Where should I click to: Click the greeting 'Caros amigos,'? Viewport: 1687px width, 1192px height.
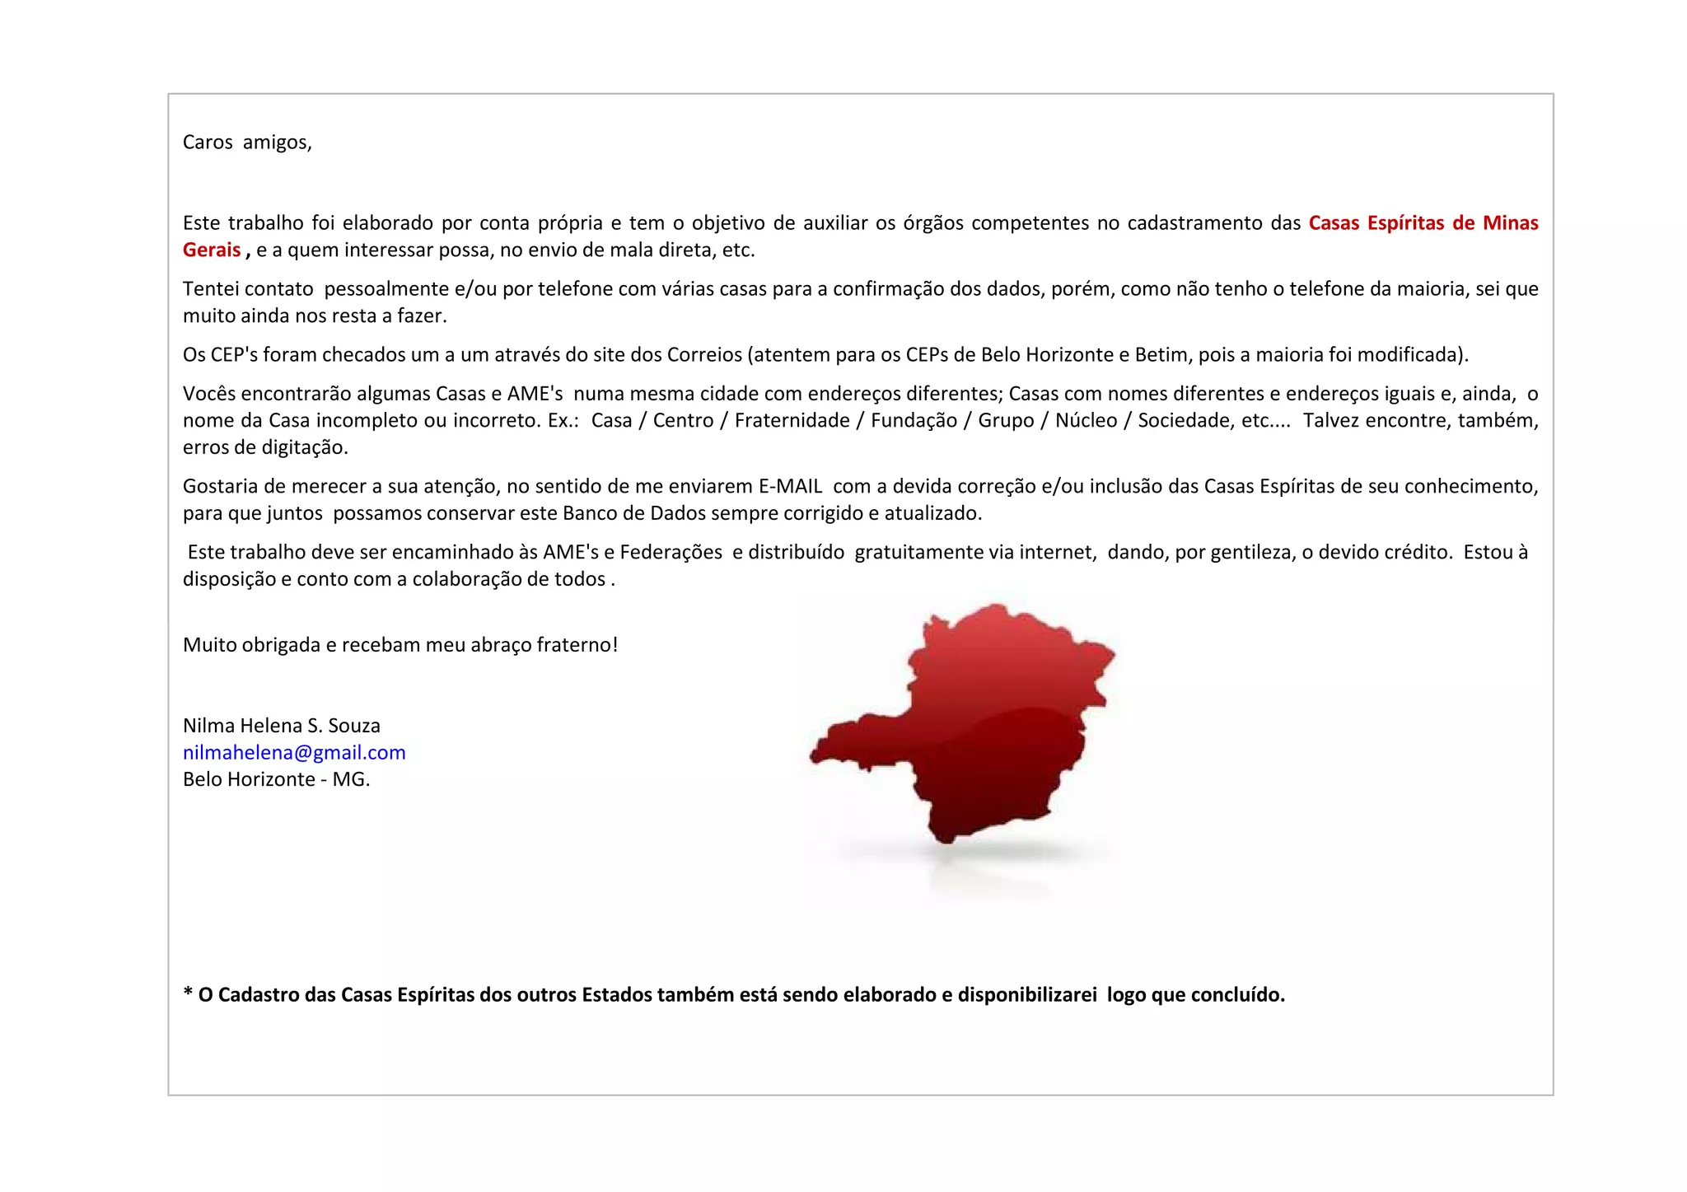click(247, 143)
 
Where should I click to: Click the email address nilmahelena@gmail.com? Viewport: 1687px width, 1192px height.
click(294, 753)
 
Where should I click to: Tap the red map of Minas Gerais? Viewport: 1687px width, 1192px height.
click(972, 725)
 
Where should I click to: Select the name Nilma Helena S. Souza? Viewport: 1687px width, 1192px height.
click(281, 726)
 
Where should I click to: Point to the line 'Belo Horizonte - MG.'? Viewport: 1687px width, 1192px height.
click(276, 779)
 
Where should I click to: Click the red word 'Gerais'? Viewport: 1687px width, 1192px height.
click(212, 250)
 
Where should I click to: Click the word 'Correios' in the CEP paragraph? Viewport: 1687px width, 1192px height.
click(704, 355)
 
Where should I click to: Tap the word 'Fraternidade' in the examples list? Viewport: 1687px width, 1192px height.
click(792, 421)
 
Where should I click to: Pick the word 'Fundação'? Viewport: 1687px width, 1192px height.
click(914, 421)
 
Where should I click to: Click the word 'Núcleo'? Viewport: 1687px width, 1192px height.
click(1086, 421)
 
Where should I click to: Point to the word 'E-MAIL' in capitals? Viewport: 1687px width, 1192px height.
click(790, 487)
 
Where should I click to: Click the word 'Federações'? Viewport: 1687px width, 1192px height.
click(671, 553)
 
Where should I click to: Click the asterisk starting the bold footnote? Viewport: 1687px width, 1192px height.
click(188, 993)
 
